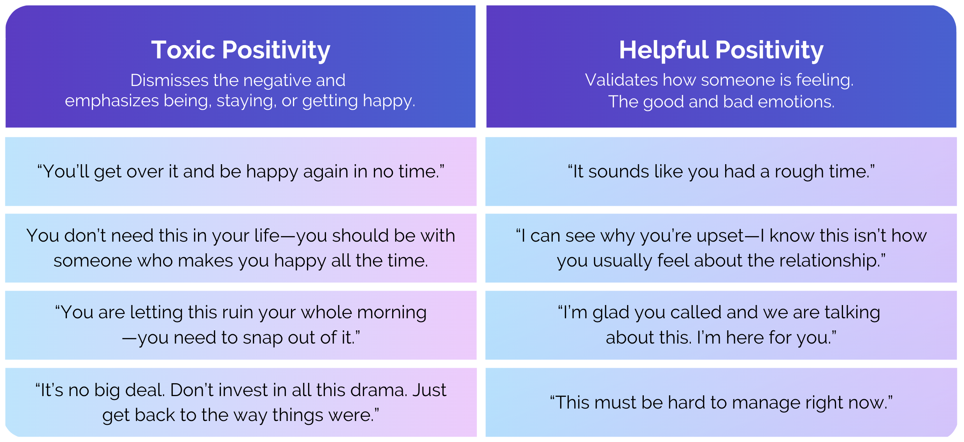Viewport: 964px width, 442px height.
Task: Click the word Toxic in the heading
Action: pyautogui.click(x=183, y=50)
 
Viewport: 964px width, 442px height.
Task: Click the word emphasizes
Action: pyautogui.click(x=112, y=101)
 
